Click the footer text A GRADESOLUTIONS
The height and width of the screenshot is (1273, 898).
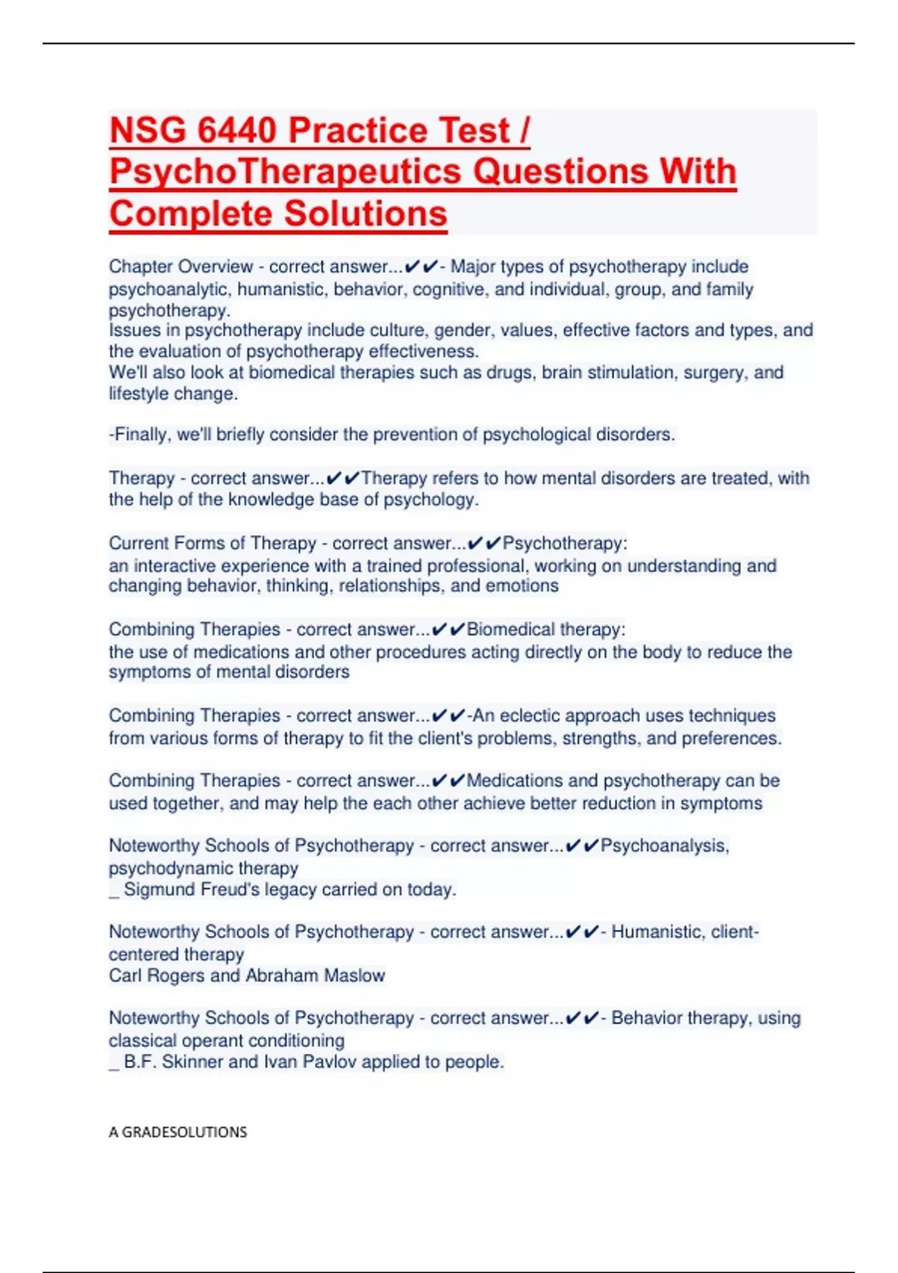(177, 1131)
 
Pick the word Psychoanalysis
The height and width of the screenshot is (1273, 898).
(664, 846)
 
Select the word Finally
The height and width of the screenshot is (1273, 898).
(140, 435)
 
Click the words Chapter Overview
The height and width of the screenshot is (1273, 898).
(180, 267)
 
